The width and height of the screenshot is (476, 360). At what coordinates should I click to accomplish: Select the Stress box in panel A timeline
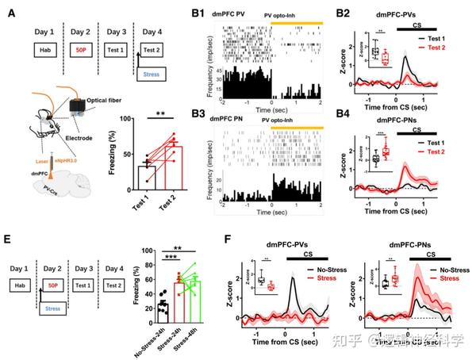coord(155,75)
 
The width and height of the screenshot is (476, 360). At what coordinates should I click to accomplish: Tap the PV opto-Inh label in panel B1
coord(295,14)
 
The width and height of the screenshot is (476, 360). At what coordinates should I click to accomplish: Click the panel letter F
coord(229,237)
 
